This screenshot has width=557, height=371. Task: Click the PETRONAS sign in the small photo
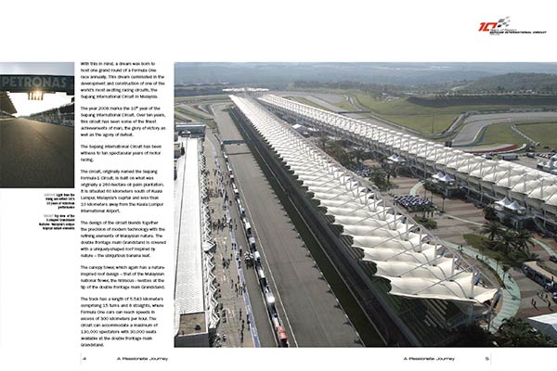click(x=35, y=80)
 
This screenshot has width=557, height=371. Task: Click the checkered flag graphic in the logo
click(x=503, y=20)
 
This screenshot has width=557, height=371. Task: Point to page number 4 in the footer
click(x=84, y=355)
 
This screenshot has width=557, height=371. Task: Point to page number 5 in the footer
click(x=473, y=355)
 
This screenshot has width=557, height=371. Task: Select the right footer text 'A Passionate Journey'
click(x=425, y=355)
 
